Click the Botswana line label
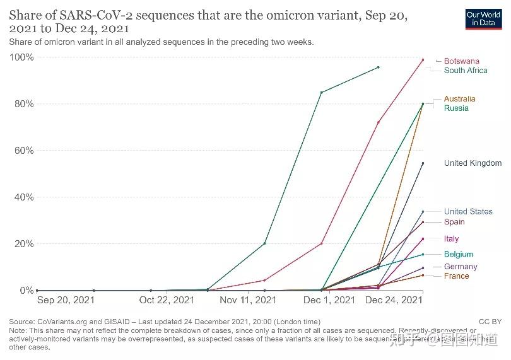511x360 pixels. point(461,61)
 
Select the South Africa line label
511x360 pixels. point(466,71)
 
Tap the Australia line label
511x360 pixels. point(459,99)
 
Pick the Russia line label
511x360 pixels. point(456,108)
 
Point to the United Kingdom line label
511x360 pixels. point(473,163)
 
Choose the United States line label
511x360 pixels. point(468,212)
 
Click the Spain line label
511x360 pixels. point(454,222)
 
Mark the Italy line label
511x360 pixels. point(451,239)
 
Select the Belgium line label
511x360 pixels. point(458,255)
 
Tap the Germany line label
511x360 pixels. point(461,267)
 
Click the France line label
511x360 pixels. point(456,276)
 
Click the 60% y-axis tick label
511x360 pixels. point(23,151)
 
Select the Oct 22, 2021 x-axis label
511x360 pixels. point(167,300)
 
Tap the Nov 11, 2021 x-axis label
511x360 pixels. point(249,300)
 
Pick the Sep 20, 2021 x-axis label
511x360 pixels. point(66,300)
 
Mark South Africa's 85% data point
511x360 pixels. point(322,93)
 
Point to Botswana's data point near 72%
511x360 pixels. point(379,122)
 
